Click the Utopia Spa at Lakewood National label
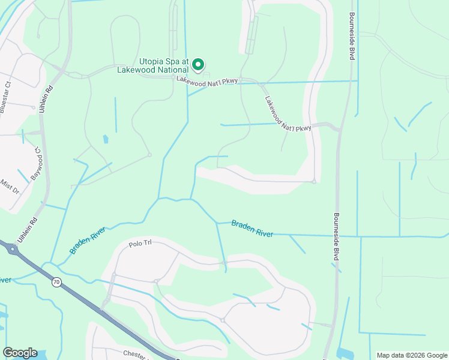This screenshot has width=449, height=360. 164,65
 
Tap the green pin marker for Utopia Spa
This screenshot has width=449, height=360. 199,64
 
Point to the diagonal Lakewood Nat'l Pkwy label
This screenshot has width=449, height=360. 288,112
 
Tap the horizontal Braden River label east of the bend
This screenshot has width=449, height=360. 252,228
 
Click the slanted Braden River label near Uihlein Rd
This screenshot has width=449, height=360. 88,240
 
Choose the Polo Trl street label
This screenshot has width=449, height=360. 142,245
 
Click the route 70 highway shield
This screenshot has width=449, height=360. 56,282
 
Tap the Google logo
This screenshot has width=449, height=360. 20,353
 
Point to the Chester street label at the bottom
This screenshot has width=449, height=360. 136,355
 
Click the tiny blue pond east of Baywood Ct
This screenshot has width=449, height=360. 106,139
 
